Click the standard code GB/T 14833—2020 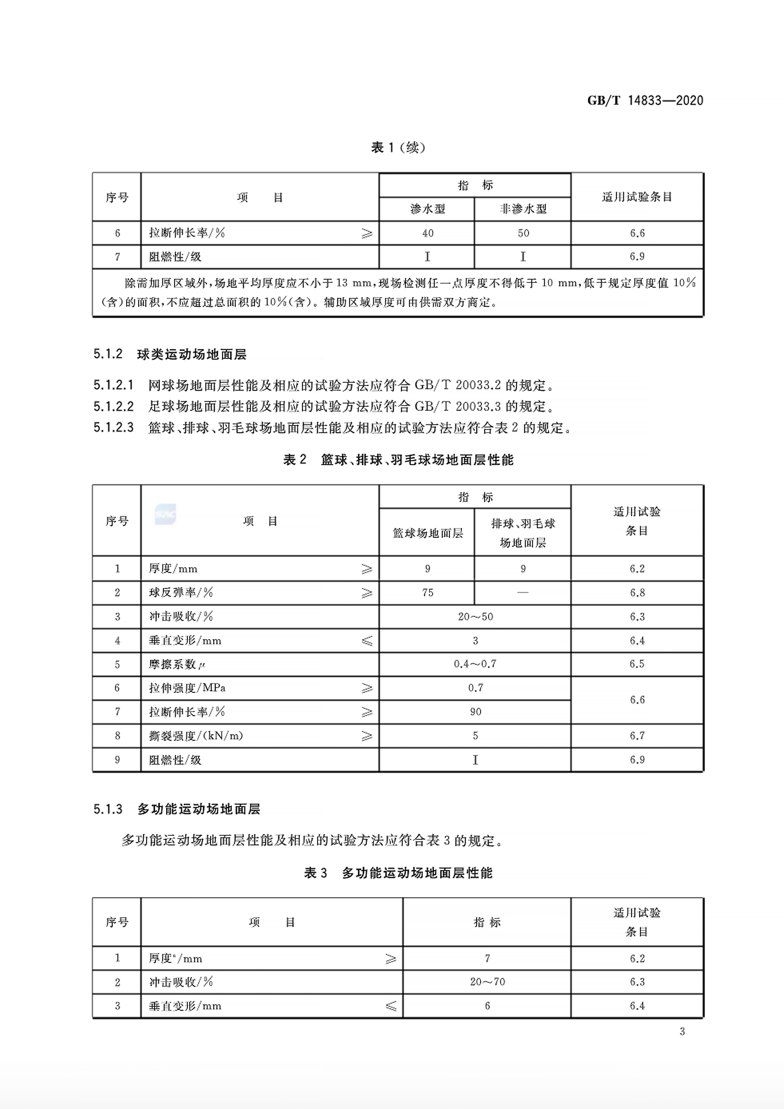pyautogui.click(x=645, y=101)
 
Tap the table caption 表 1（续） pyautogui.click(x=398, y=147)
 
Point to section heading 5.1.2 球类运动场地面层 pyautogui.click(x=170, y=354)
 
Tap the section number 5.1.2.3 pyautogui.click(x=113, y=427)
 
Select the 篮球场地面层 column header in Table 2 pyautogui.click(x=427, y=533)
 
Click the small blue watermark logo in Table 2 pyautogui.click(x=165, y=514)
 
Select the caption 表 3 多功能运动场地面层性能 pyautogui.click(x=398, y=873)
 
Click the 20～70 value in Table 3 pyautogui.click(x=487, y=982)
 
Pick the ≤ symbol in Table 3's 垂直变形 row pyautogui.click(x=391, y=1006)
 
